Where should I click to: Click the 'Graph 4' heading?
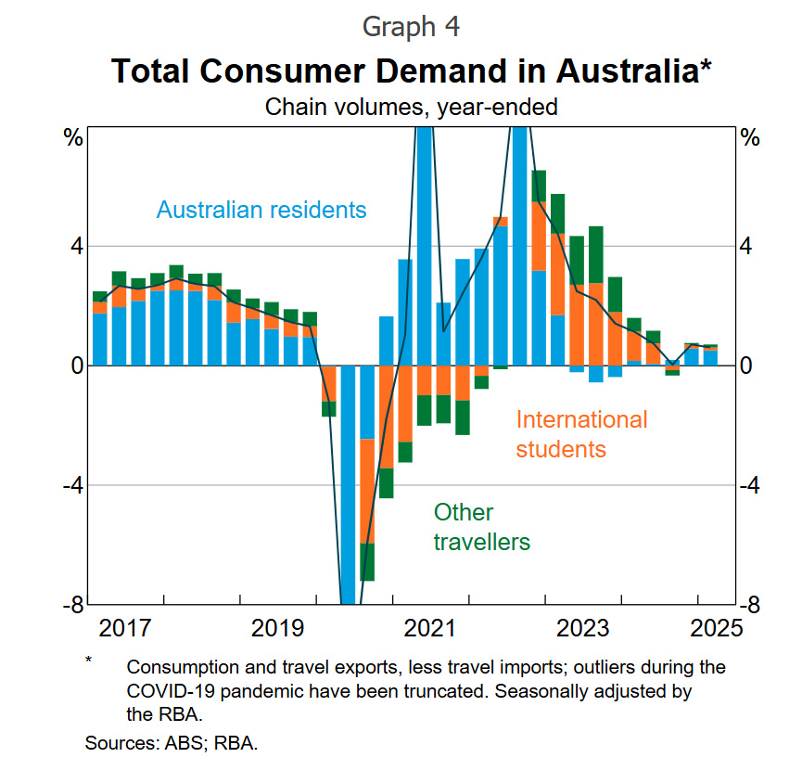click(x=411, y=26)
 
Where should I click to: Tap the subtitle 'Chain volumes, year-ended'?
click(x=411, y=107)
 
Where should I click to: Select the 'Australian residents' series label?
click(x=261, y=210)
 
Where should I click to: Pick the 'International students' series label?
click(x=581, y=434)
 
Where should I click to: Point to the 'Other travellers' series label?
click(x=481, y=527)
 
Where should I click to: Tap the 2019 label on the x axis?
click(x=277, y=628)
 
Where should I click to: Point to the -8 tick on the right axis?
click(x=751, y=605)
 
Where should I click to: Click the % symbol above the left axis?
click(x=73, y=139)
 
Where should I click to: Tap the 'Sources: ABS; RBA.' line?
click(x=171, y=743)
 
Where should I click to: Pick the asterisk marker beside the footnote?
click(x=89, y=661)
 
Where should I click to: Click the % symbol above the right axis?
click(x=750, y=139)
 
